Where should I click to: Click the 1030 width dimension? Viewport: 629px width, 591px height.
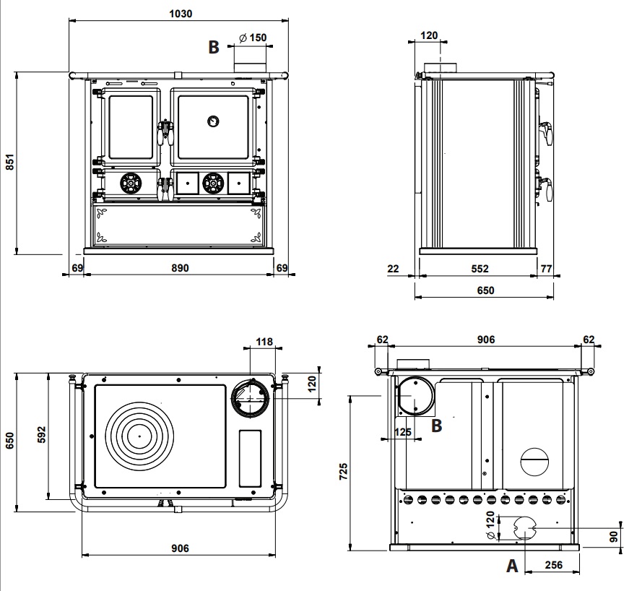pyautogui.click(x=181, y=14)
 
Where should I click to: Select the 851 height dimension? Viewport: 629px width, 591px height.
pyautogui.click(x=9, y=161)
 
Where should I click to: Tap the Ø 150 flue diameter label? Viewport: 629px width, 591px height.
pyautogui.click(x=253, y=38)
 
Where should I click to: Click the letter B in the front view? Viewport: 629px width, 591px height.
pyautogui.click(x=214, y=47)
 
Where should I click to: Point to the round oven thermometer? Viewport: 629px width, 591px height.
pyautogui.click(x=213, y=121)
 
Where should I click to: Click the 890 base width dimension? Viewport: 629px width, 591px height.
pyautogui.click(x=180, y=267)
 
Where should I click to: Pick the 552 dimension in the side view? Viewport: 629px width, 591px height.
pyautogui.click(x=480, y=269)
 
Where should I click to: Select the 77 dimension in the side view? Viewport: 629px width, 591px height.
pyautogui.click(x=547, y=269)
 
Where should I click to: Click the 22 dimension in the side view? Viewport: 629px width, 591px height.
pyautogui.click(x=393, y=269)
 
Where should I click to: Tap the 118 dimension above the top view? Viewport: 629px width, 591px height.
pyautogui.click(x=264, y=342)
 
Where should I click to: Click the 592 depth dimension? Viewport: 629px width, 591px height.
pyautogui.click(x=42, y=434)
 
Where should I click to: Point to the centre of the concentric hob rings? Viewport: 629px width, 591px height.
pyautogui.click(x=140, y=436)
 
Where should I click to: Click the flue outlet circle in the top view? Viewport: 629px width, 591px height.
pyautogui.click(x=250, y=398)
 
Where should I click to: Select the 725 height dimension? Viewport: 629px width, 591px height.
pyautogui.click(x=343, y=472)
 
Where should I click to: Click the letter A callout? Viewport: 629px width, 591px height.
pyautogui.click(x=512, y=566)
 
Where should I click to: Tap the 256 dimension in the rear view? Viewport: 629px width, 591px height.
pyautogui.click(x=554, y=565)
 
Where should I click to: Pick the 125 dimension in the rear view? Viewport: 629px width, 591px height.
pyautogui.click(x=403, y=432)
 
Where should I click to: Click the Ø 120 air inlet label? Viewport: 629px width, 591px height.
pyautogui.click(x=490, y=525)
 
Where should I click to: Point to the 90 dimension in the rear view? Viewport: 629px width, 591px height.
pyautogui.click(x=614, y=537)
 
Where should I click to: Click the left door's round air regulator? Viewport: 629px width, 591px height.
pyautogui.click(x=131, y=184)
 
